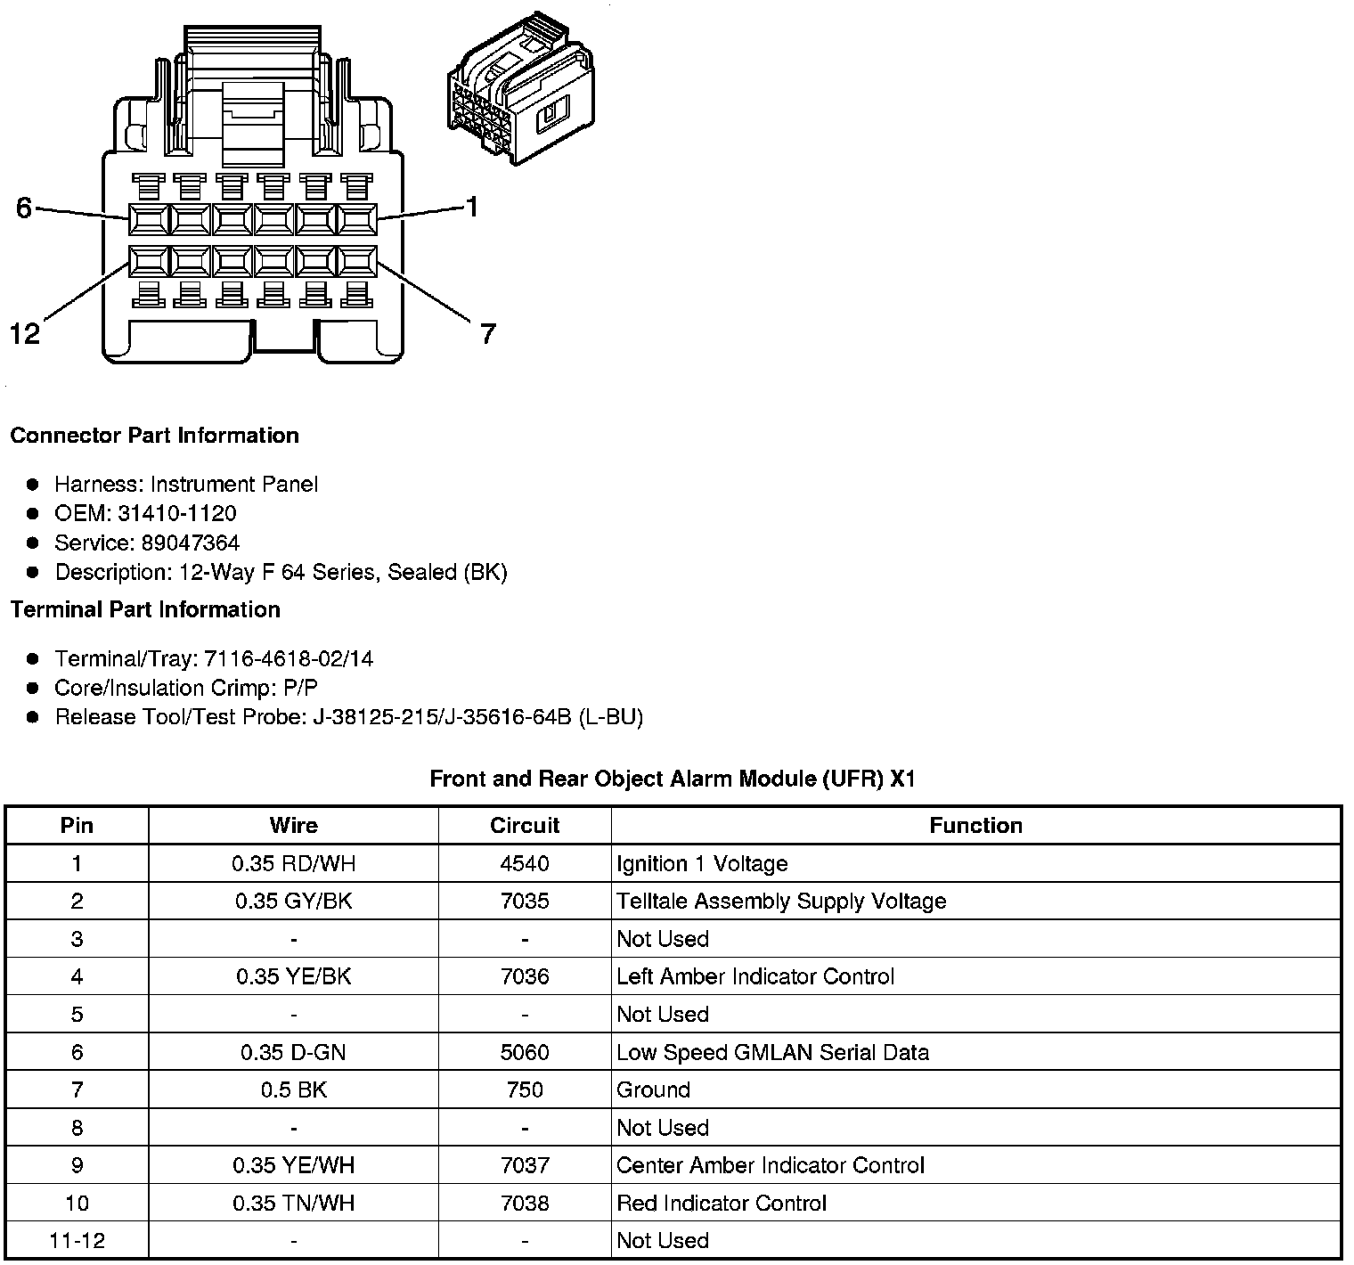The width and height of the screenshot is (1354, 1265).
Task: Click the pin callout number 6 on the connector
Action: pos(24,208)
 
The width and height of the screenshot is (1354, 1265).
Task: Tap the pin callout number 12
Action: pos(25,334)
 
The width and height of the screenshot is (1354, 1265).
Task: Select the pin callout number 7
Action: pos(487,334)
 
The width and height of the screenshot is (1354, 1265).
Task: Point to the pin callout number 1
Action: pos(473,208)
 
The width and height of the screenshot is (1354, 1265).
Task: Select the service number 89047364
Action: pos(190,543)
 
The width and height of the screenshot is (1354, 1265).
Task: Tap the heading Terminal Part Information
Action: pos(145,609)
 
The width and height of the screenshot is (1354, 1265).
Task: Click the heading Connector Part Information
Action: pos(154,436)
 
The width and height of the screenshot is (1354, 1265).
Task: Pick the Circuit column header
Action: pos(525,826)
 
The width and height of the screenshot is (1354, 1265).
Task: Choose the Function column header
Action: pos(975,826)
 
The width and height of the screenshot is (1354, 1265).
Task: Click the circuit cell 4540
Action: pos(525,863)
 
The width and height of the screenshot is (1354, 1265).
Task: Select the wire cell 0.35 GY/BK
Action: pos(293,902)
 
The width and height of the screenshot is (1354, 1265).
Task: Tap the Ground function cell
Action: pos(653,1090)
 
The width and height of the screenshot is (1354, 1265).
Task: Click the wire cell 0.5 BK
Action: pos(293,1090)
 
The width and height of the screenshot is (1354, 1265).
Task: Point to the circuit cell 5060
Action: pos(525,1052)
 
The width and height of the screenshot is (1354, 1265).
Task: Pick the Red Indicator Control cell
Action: pos(722,1204)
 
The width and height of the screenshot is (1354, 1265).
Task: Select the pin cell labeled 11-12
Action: pos(77,1241)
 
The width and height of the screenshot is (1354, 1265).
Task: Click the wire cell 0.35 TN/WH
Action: pos(293,1204)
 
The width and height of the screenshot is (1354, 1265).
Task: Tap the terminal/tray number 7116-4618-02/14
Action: pos(289,659)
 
